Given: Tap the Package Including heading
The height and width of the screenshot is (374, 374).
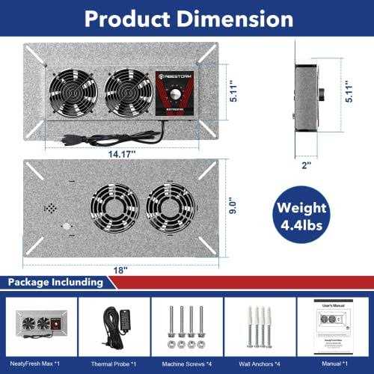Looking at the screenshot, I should coord(54,282).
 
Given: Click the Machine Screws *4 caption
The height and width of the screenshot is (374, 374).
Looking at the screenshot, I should coord(187,361).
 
